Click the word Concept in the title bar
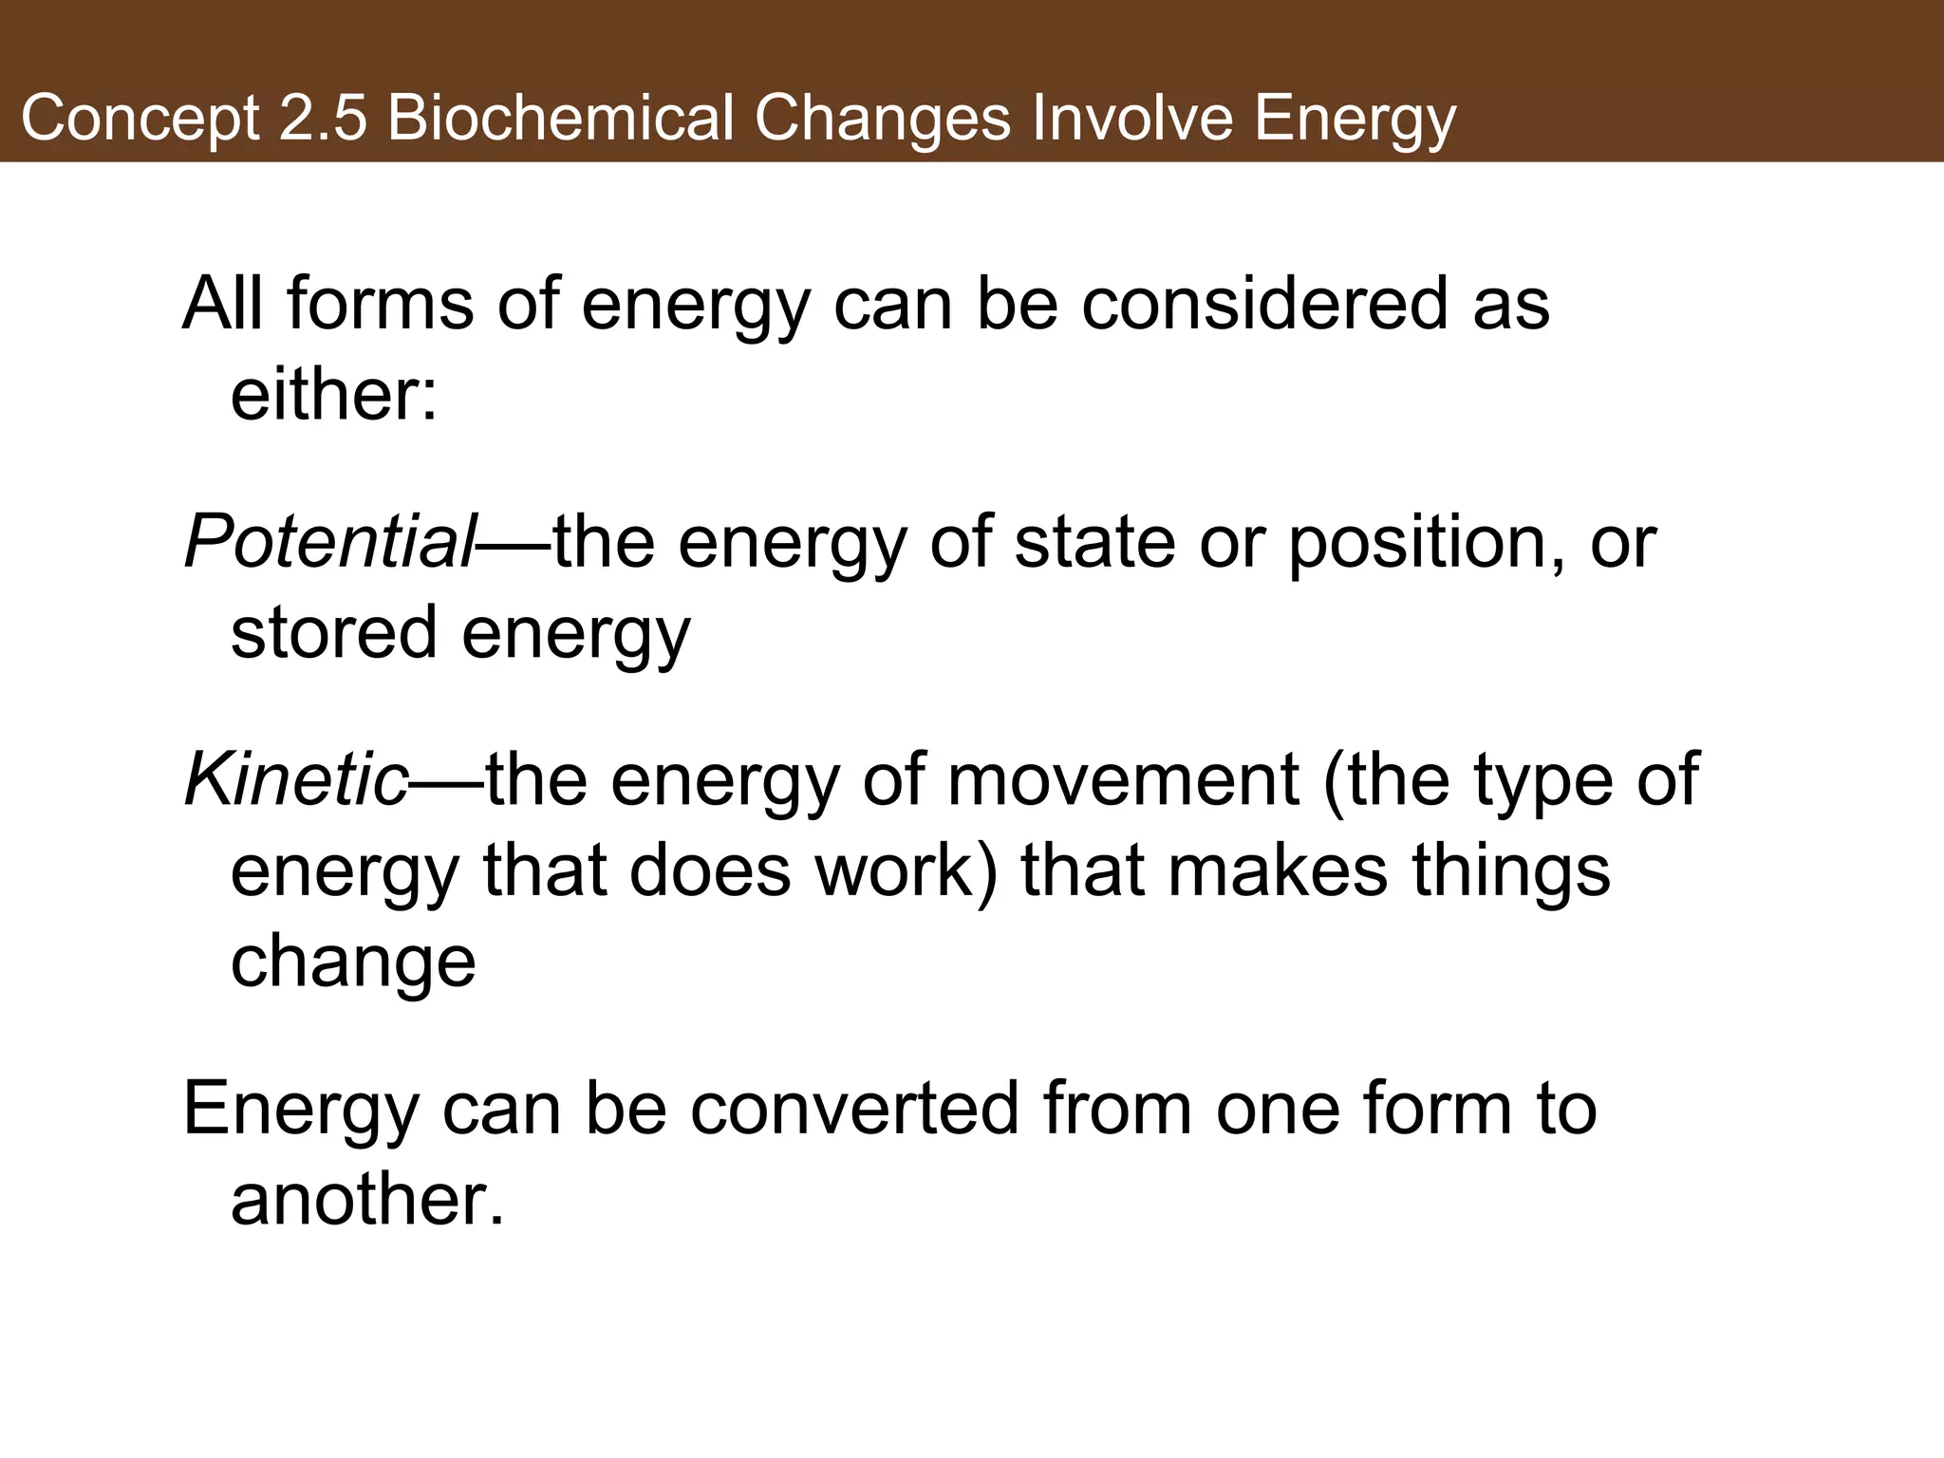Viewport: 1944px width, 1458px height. pos(140,120)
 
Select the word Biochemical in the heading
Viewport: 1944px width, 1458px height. pos(560,120)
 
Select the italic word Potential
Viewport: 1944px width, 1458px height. pos(328,543)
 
